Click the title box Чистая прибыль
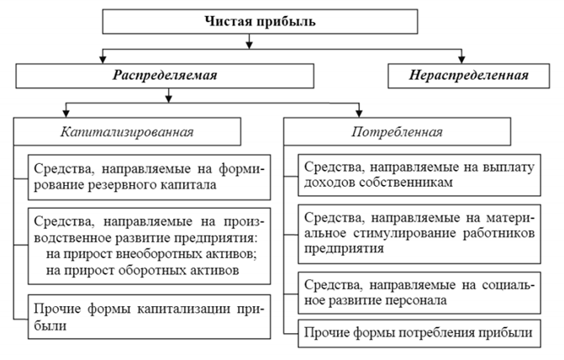point(260,22)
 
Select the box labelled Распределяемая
point(165,76)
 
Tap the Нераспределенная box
point(469,76)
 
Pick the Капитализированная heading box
point(127,132)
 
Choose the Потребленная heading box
point(397,132)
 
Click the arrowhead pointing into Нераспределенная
point(461,60)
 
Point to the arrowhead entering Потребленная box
point(359,114)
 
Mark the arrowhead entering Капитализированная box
point(66,114)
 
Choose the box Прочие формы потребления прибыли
point(419,333)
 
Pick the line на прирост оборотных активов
point(142,270)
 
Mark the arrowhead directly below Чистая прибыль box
point(249,45)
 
